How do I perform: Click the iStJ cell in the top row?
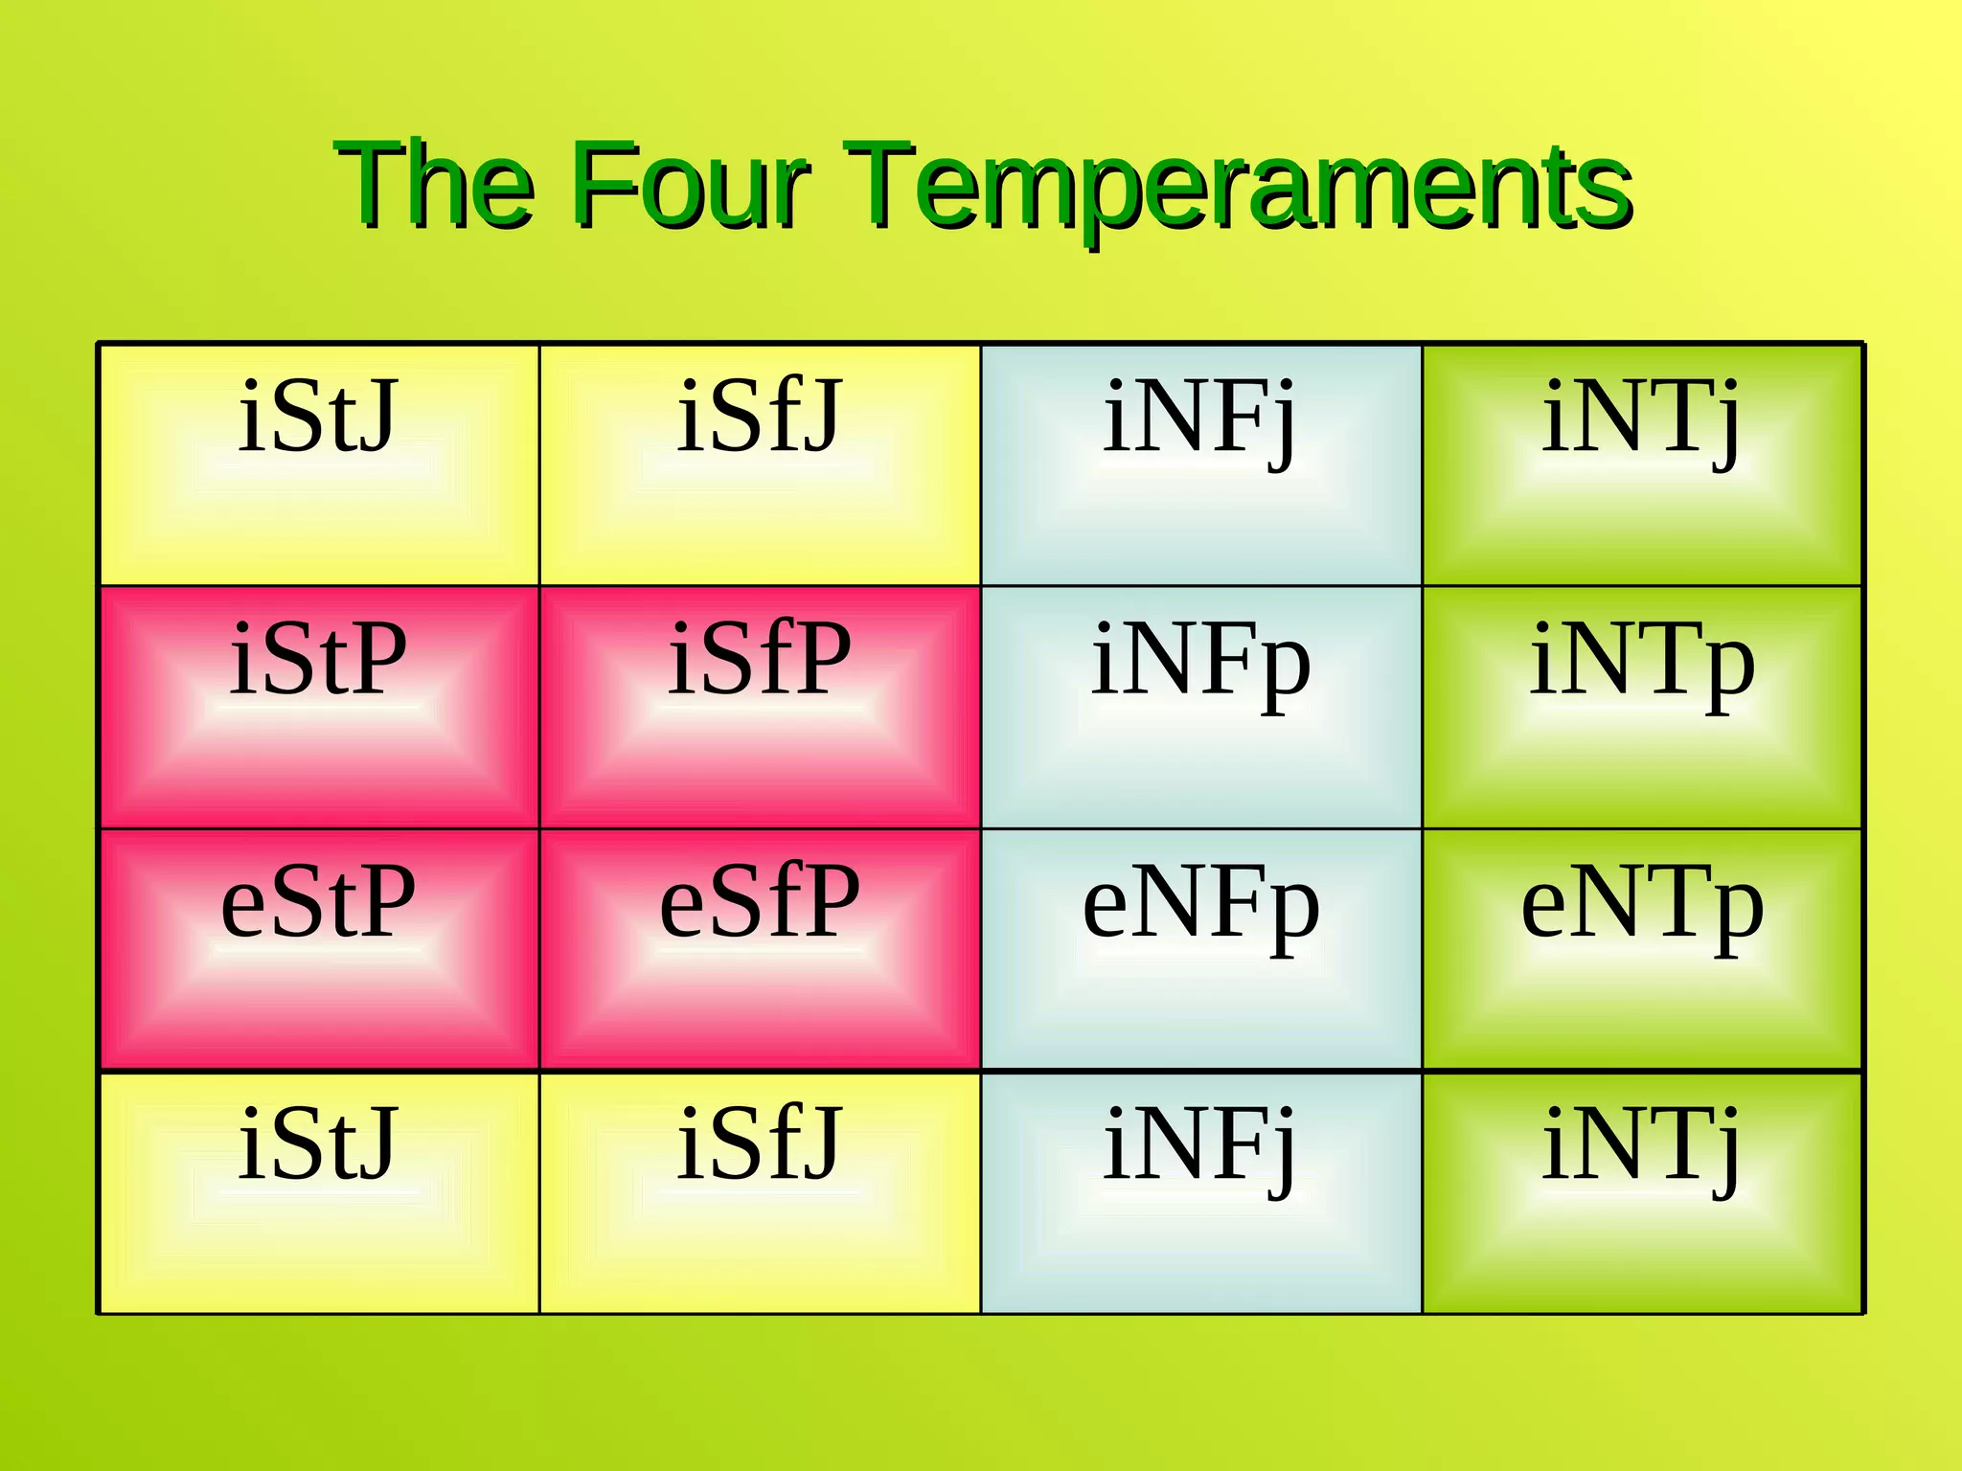319,465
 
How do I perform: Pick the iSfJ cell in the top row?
760,465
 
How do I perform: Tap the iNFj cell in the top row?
1201,465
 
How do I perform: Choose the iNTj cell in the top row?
1642,465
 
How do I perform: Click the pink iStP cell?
319,708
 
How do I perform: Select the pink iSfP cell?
760,708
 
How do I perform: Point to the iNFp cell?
1201,708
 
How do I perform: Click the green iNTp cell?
1642,708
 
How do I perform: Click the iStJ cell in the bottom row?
319,1192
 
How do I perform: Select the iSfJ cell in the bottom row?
760,1192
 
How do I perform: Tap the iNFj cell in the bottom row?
1201,1192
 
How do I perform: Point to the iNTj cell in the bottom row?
1642,1192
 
